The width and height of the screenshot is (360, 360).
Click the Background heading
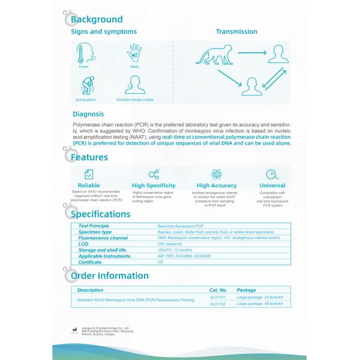[97, 20]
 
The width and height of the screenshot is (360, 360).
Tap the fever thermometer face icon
[84, 55]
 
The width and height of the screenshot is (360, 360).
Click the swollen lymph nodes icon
[134, 88]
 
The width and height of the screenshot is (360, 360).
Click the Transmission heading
[236, 32]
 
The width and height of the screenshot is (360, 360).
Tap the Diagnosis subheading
[88, 113]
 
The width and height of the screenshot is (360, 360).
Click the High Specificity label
[153, 185]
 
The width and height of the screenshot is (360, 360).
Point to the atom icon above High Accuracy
[216, 174]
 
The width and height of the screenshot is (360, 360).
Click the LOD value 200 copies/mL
[170, 244]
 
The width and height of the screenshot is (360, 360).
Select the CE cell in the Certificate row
[160, 262]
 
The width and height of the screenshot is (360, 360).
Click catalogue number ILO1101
[217, 297]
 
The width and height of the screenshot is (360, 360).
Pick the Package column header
[246, 290]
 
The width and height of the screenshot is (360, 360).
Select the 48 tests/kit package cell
[260, 304]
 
